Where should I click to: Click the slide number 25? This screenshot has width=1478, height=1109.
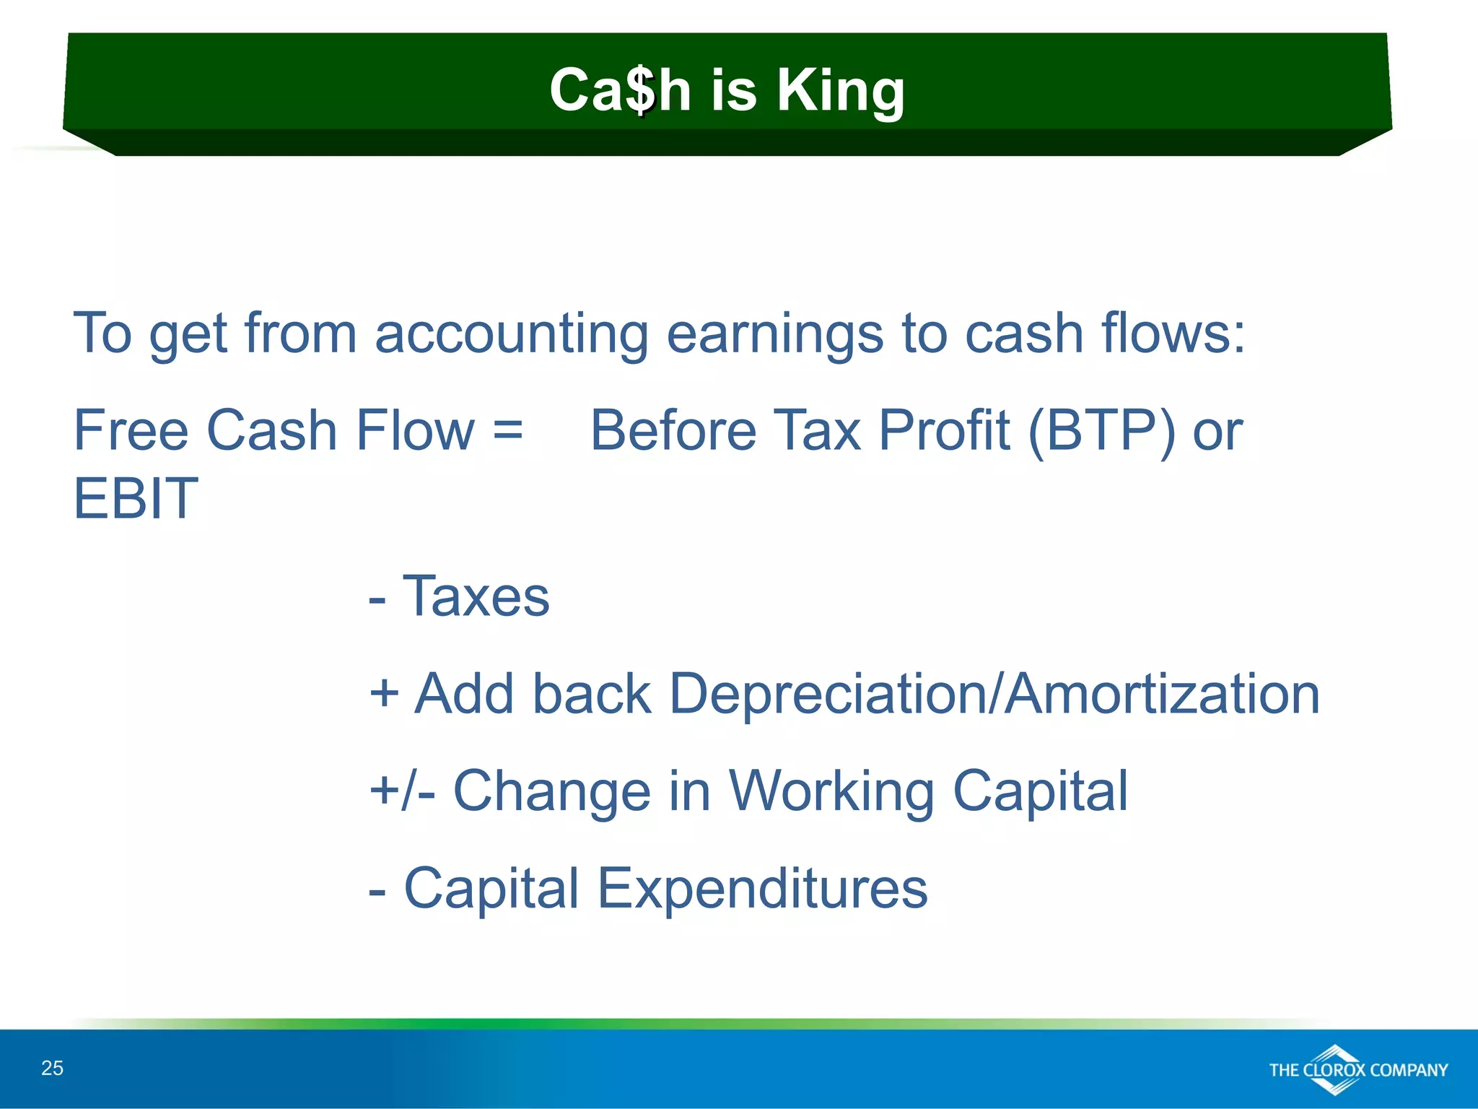point(52,1068)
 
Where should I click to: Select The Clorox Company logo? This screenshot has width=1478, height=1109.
point(1357,1069)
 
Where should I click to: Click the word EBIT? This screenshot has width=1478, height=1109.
point(136,498)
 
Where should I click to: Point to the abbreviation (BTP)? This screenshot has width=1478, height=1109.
point(1101,431)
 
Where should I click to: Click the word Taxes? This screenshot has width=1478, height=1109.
point(476,597)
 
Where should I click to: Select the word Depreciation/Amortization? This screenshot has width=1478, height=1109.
point(994,694)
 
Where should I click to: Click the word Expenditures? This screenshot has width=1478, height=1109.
point(762,888)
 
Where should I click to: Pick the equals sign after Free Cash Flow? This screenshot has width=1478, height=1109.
point(507,431)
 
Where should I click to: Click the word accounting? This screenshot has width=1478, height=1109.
point(512,334)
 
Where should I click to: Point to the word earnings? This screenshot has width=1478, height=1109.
point(774,334)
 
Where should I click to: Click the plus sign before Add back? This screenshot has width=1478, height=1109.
point(384,694)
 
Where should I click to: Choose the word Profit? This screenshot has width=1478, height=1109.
point(943,431)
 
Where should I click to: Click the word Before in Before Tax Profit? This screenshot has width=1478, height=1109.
point(673,431)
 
